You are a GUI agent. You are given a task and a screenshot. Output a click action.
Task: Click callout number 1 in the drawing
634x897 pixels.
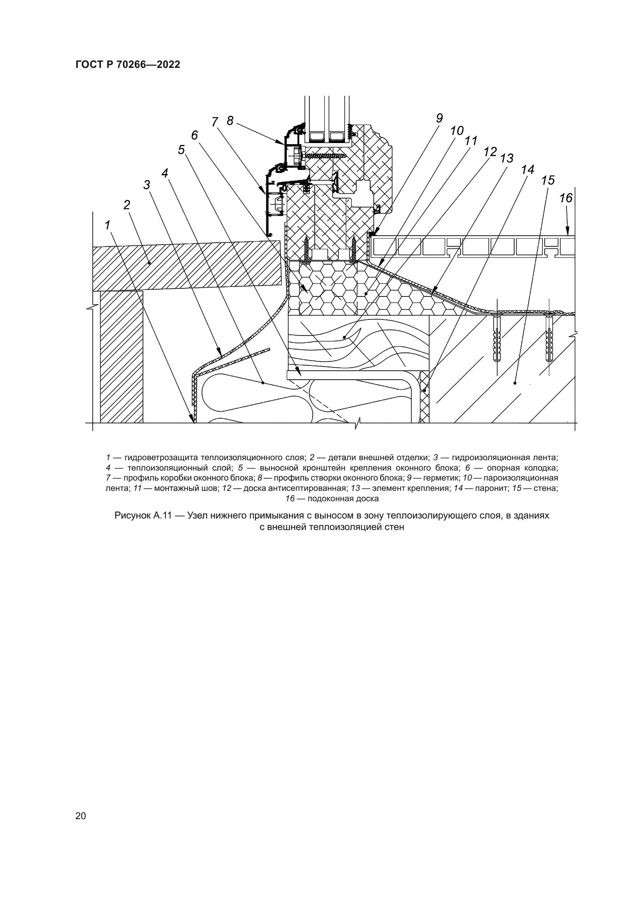tap(108, 225)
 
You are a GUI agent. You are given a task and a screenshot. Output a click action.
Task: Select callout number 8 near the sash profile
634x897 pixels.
tap(230, 121)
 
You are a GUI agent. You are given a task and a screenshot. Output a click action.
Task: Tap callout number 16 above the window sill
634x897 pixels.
tap(566, 199)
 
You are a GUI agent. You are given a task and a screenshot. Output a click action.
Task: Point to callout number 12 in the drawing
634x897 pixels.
tap(490, 151)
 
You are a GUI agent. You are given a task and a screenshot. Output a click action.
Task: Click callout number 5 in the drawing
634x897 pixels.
tap(181, 150)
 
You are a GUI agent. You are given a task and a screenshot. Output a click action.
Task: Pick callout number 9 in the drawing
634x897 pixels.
tap(439, 119)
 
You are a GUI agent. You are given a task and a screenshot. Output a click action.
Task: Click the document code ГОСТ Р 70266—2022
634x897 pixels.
tap(128, 65)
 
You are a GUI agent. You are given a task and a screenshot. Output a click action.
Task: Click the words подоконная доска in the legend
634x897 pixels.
tap(343, 499)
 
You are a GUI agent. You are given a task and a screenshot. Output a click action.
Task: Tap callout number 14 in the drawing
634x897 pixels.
tap(527, 170)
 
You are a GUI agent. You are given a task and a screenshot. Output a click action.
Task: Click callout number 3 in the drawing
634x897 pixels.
tap(147, 185)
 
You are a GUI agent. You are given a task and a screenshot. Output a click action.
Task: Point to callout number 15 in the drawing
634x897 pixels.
tap(548, 180)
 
